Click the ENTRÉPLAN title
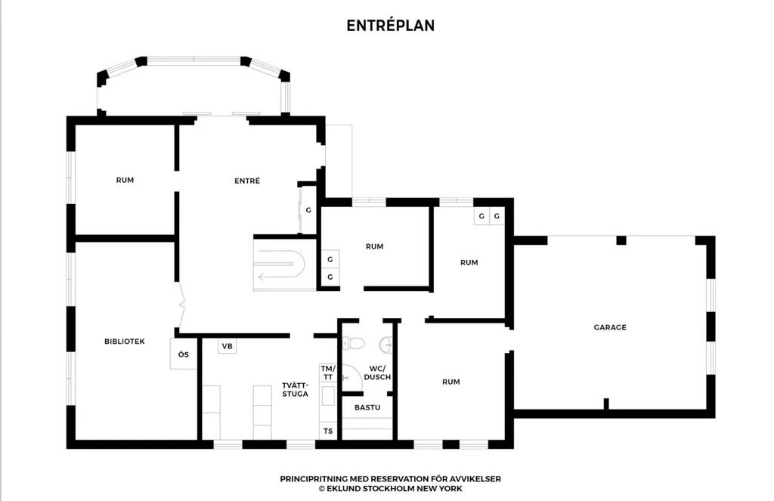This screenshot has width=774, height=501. tap(391, 26)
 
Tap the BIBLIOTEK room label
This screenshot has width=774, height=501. tap(125, 341)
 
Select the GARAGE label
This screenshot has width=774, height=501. tap(610, 327)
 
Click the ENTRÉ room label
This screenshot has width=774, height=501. tap(247, 181)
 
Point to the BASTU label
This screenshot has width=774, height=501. tap(367, 407)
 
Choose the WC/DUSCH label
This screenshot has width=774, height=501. tap(377, 373)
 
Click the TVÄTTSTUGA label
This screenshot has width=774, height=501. tap(296, 389)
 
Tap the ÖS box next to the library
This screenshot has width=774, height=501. tap(183, 354)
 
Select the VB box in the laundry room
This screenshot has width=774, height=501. tap(227, 346)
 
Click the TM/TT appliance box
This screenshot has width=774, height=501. tap(328, 373)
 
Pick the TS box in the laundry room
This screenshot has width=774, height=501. tap(328, 431)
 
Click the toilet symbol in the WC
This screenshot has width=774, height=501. tap(354, 343)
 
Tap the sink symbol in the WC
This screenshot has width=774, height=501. tap(386, 344)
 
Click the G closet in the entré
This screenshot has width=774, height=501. tap(308, 210)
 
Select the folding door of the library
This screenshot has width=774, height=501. tap(181, 306)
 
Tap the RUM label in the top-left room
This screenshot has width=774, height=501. tap(125, 180)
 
